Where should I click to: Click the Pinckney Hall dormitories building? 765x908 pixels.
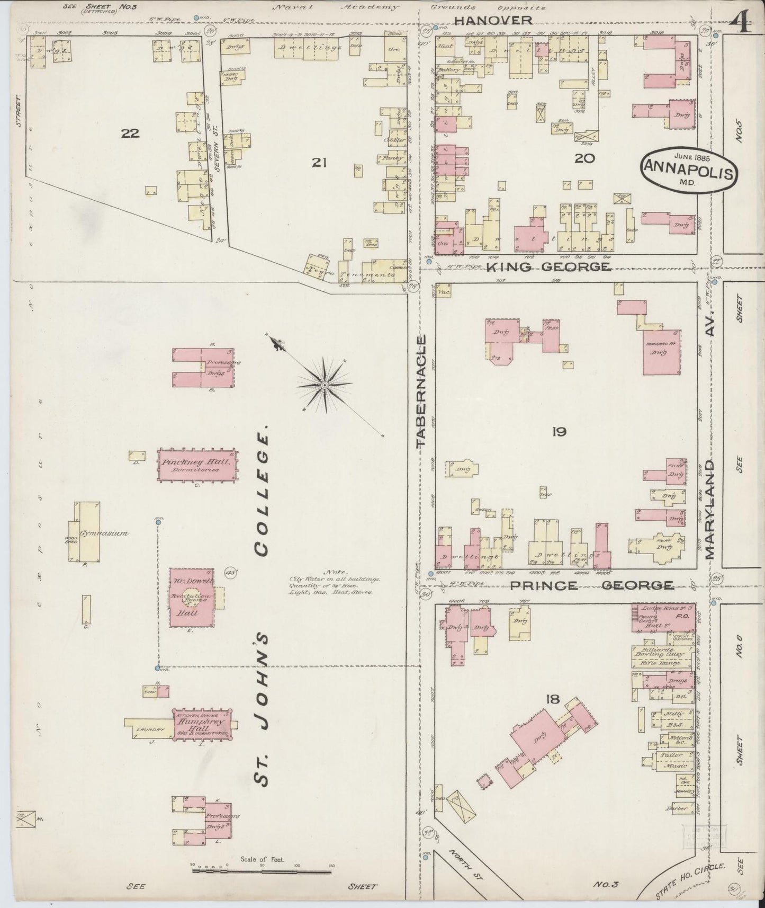[x=197, y=465]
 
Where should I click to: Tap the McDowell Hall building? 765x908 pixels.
[x=191, y=598]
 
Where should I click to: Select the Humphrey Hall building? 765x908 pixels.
[x=203, y=723]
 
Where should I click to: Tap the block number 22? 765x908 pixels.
[x=130, y=133]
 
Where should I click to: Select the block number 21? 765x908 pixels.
[x=318, y=163]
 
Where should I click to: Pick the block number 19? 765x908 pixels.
[x=559, y=432]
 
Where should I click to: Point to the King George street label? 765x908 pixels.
[x=547, y=267]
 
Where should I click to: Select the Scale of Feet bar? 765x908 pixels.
[x=262, y=871]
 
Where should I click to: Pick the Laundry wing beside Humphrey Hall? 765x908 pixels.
[x=150, y=729]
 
